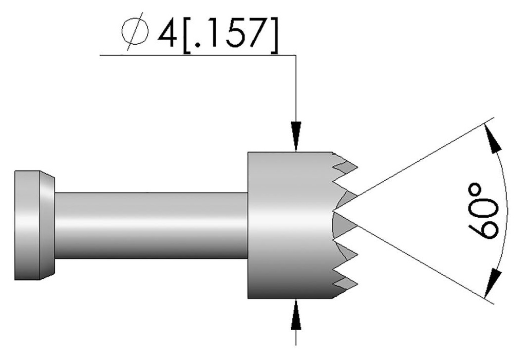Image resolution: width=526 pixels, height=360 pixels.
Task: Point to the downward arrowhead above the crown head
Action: pyautogui.click(x=296, y=135)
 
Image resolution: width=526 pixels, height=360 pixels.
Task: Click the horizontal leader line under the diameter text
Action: pyautogui.click(x=195, y=55)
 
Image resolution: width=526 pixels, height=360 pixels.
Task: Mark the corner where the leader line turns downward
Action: pyautogui.click(x=296, y=55)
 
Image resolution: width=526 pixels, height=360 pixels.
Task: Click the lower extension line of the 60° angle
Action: pyautogui.click(x=421, y=262)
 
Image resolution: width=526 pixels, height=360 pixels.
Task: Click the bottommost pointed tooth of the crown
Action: pyautogui.click(x=354, y=282)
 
